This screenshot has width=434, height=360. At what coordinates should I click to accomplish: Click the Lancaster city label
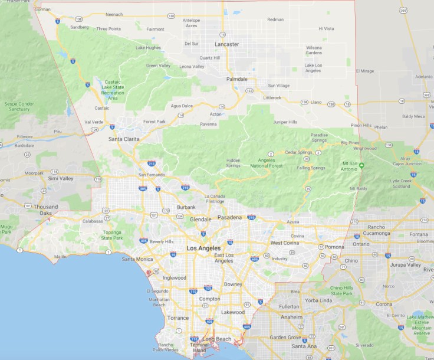click(x=227, y=44)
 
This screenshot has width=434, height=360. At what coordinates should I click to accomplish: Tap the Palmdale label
click(x=237, y=78)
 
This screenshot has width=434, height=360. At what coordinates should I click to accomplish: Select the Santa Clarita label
click(x=123, y=139)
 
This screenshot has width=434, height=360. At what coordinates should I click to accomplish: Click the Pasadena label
click(x=229, y=218)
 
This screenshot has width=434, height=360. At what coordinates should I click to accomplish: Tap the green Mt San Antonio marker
click(x=362, y=165)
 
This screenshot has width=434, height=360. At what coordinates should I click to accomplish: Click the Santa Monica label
click(x=137, y=259)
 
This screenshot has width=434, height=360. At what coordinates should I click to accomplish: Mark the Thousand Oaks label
click(x=45, y=210)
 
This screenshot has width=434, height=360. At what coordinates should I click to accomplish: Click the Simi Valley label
click(x=61, y=178)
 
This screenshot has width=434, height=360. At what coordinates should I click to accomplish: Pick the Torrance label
click(x=178, y=318)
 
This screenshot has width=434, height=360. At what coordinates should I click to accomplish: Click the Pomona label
click(x=334, y=246)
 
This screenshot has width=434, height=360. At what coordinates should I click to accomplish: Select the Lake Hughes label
click(x=148, y=47)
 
